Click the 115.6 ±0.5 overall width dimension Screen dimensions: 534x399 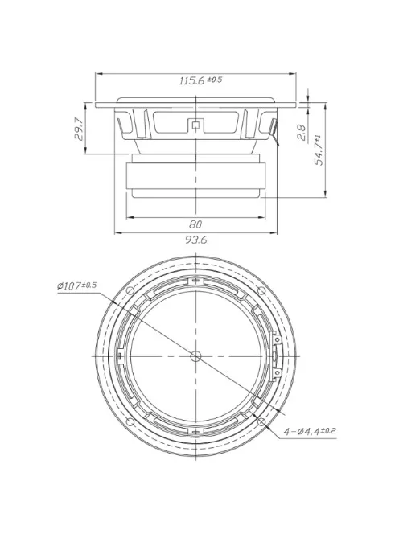[199, 81]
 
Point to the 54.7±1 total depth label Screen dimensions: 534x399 [319, 150]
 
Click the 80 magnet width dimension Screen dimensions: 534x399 [195, 224]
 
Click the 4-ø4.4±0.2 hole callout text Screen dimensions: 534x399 [309, 432]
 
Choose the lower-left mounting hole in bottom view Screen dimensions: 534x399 [130, 421]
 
